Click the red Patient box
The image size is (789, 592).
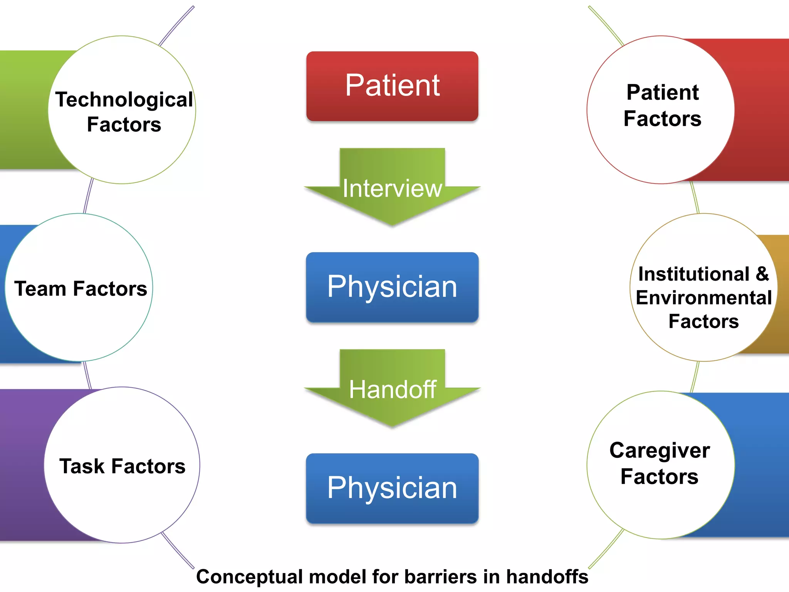pyautogui.click(x=392, y=86)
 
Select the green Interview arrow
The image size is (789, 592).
pyautogui.click(x=392, y=193)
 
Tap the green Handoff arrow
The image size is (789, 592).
pyautogui.click(x=392, y=393)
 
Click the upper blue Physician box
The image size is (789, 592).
pyautogui.click(x=392, y=287)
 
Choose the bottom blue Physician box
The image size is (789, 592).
pyautogui.click(x=392, y=488)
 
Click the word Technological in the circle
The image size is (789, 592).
pyautogui.click(x=124, y=100)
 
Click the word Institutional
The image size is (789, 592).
pyautogui.click(x=693, y=274)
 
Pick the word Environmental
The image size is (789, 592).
pyautogui.click(x=703, y=298)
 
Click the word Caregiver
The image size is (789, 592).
pyautogui.click(x=660, y=451)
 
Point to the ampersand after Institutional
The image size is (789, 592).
pyautogui.click(x=762, y=274)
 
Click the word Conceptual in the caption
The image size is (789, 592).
pyautogui.click(x=249, y=577)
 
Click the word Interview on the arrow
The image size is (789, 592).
pyautogui.click(x=392, y=188)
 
